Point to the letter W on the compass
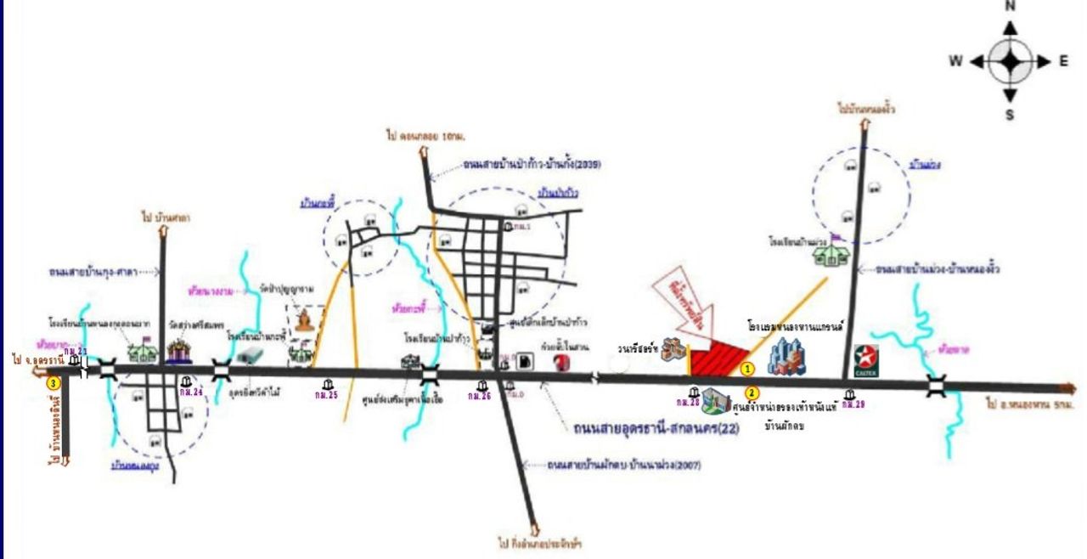point(955,61)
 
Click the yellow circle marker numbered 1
point(747,369)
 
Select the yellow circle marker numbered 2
point(752,392)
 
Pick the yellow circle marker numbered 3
point(54,382)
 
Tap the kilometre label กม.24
point(191,392)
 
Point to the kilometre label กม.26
point(480,395)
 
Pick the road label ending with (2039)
point(532,165)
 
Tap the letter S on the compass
point(1011,114)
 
